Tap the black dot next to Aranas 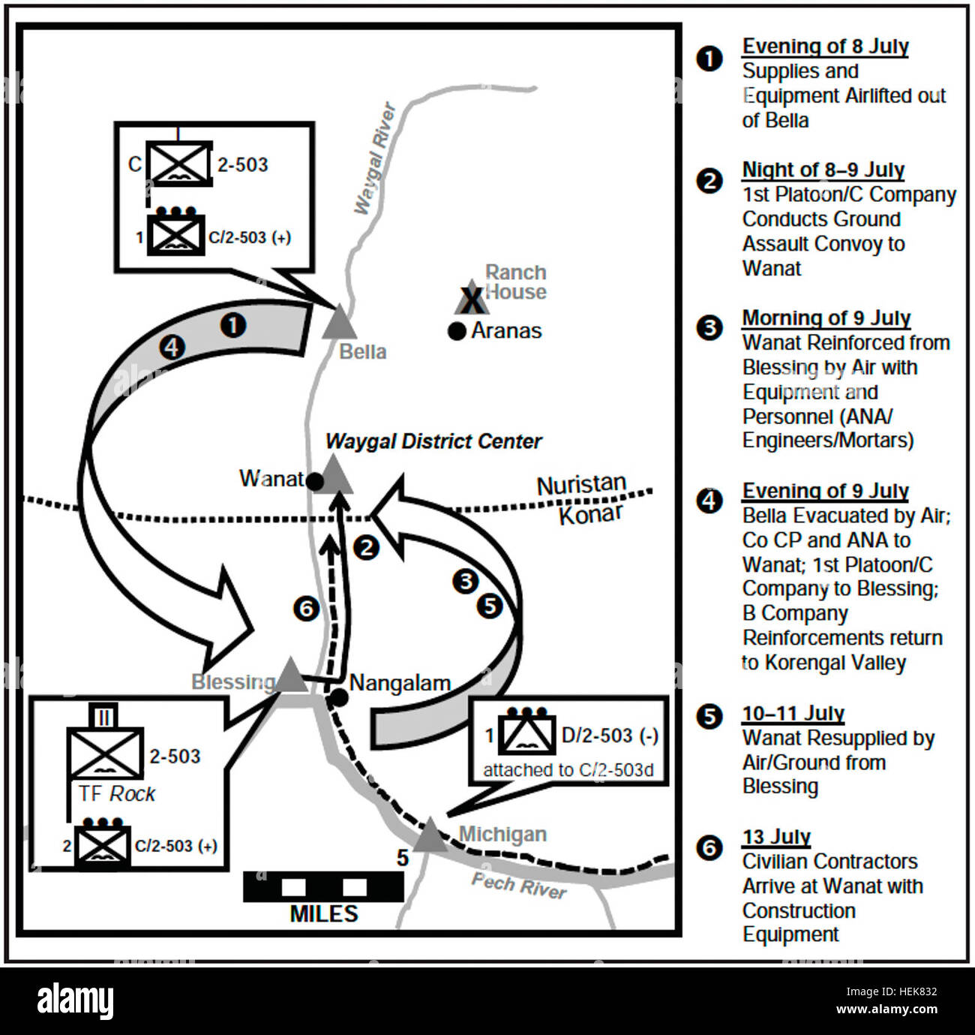[x=457, y=332]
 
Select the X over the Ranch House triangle [x=472, y=301]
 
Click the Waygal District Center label [x=433, y=441]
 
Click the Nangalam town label [x=400, y=683]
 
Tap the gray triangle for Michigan [x=430, y=835]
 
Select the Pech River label [x=519, y=886]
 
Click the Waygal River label [x=374, y=158]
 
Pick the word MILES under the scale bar [x=324, y=913]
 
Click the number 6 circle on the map [x=306, y=609]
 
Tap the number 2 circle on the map [x=366, y=548]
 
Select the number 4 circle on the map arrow [x=172, y=347]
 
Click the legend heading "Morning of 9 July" [x=826, y=318]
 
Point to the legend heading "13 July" [x=776, y=837]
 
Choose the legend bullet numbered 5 [x=709, y=717]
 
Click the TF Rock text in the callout [x=117, y=794]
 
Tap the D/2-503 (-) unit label [x=610, y=736]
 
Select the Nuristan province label [x=581, y=485]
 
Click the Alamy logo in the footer [x=75, y=1000]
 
